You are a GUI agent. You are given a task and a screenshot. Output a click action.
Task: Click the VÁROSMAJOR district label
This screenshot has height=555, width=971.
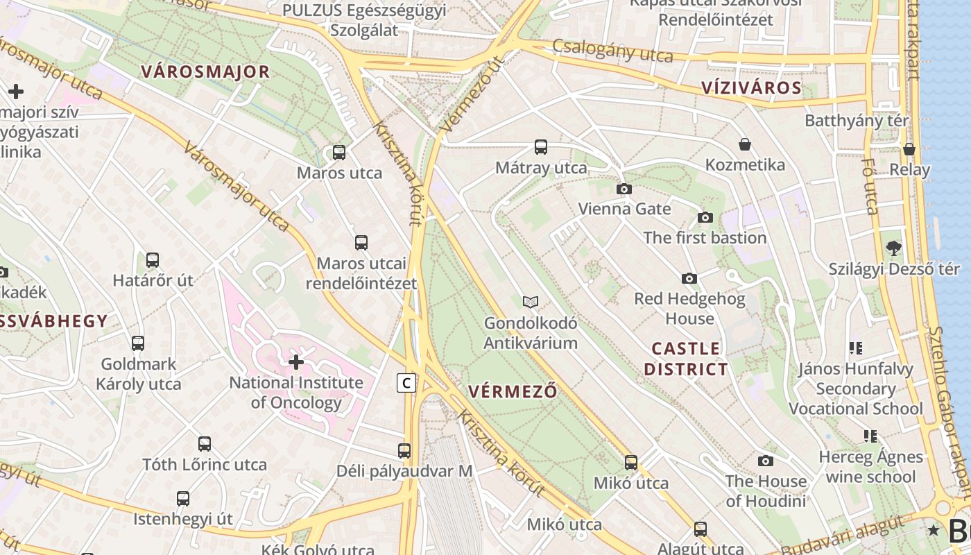point(205,71)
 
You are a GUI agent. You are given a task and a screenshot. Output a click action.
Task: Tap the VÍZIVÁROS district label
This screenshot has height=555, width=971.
point(751,88)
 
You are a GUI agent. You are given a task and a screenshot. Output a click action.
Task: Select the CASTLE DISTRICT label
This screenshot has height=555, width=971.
point(685,359)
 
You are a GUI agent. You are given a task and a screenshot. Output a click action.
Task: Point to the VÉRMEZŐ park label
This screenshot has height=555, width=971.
point(513,391)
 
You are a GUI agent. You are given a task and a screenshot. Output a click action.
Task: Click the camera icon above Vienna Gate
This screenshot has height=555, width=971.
point(624,189)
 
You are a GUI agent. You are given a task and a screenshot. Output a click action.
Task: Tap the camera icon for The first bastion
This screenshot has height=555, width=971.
point(705,217)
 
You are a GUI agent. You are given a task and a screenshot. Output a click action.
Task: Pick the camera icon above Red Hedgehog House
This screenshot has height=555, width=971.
point(689,278)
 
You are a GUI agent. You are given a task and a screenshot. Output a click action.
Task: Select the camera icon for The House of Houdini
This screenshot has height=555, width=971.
point(765,461)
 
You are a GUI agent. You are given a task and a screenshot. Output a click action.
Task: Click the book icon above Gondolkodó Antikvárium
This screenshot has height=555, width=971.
point(531,302)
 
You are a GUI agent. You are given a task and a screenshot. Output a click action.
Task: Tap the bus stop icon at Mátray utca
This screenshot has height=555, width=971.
point(540,147)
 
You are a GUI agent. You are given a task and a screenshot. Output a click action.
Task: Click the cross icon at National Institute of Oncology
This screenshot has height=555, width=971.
point(296,361)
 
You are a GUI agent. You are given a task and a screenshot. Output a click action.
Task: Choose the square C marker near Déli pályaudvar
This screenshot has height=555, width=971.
point(406,382)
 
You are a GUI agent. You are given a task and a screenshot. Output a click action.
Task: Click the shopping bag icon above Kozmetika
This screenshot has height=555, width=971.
point(745,144)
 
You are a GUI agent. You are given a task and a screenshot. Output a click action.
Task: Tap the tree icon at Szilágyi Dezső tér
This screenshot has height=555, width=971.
point(894,248)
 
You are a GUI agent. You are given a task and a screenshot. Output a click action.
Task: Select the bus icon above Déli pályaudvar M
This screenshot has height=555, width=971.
point(404,450)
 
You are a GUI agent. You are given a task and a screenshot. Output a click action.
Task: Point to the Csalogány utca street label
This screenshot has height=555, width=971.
point(612,51)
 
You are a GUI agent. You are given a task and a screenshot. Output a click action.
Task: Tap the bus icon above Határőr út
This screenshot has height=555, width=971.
point(153,260)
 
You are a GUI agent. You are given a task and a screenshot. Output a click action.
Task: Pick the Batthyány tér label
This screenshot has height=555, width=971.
point(856,121)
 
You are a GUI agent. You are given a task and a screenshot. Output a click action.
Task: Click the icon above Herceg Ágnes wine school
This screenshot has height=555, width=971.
point(870,436)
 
